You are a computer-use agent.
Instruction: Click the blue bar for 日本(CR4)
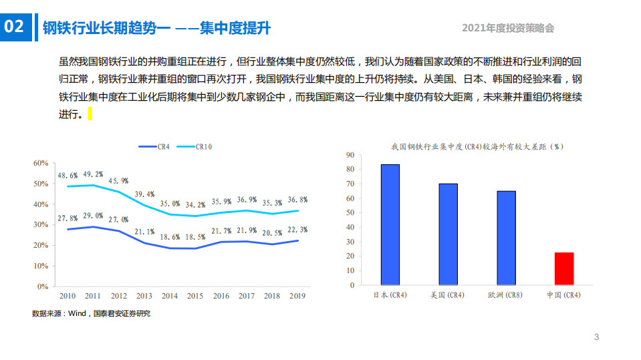click(x=390, y=225)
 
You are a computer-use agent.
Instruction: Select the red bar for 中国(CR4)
click(x=564, y=269)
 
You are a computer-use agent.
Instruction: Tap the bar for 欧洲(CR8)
click(x=506, y=238)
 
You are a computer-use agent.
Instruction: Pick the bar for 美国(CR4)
click(x=448, y=234)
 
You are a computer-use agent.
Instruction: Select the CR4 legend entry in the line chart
click(x=154, y=146)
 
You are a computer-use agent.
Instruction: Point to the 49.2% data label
click(x=94, y=174)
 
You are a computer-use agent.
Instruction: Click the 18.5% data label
click(x=195, y=237)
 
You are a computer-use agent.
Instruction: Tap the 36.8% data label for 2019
click(x=297, y=200)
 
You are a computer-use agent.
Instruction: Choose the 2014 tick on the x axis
click(x=170, y=296)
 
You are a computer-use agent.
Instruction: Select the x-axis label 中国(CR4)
click(x=563, y=295)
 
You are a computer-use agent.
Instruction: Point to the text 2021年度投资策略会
click(x=508, y=28)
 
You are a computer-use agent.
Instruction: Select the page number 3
click(x=596, y=337)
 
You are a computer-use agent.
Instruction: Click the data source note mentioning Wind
click(x=91, y=313)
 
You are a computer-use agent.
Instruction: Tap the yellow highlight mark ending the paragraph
click(x=90, y=115)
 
